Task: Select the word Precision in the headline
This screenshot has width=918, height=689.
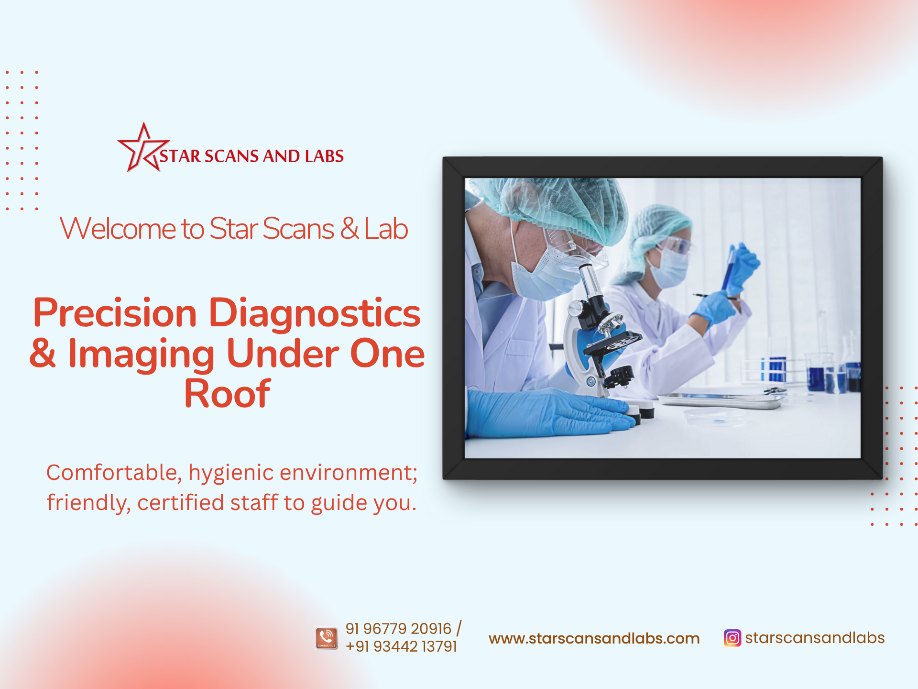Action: click(115, 313)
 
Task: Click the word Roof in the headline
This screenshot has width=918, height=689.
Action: click(228, 394)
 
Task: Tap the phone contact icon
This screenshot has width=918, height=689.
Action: click(327, 638)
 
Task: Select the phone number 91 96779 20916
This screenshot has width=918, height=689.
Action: click(398, 629)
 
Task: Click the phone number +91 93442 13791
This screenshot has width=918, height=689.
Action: click(401, 646)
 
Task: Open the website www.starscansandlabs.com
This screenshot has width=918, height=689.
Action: click(594, 638)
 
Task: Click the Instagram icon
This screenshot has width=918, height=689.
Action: click(732, 638)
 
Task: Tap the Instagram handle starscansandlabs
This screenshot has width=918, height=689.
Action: click(815, 638)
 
